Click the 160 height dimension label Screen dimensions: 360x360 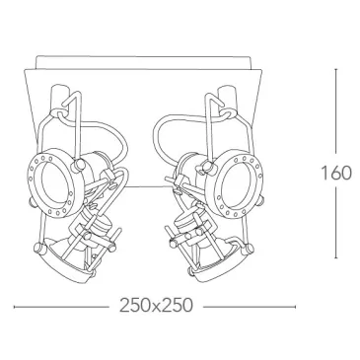point(335,173)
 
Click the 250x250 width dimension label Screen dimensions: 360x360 point(156,306)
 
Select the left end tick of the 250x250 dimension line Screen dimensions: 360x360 point(14,307)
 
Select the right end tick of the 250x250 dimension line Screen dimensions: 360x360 point(295,307)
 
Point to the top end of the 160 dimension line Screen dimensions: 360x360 point(336,69)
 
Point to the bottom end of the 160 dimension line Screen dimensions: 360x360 point(336,257)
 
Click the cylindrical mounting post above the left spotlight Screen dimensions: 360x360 point(60,98)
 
